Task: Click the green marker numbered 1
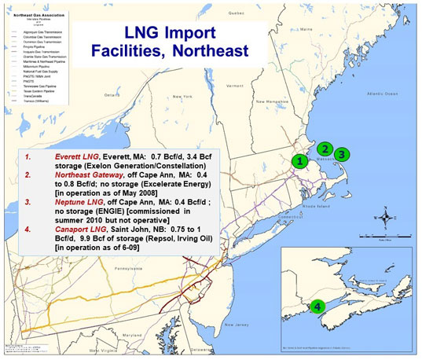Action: click(x=299, y=161)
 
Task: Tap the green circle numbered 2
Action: click(x=324, y=148)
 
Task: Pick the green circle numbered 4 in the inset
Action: click(x=317, y=306)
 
